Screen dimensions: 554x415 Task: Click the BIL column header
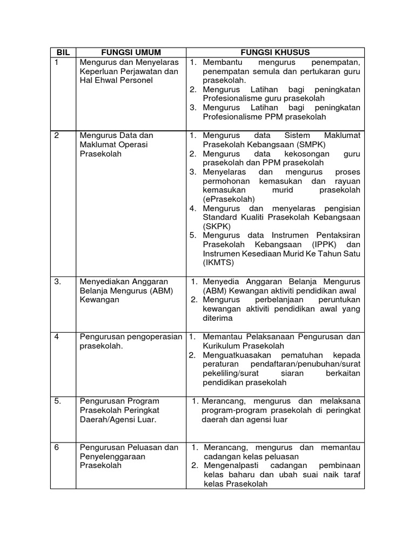pos(63,52)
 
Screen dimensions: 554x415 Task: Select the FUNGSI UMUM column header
pos(131,52)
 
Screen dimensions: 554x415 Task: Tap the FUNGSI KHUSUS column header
pos(276,52)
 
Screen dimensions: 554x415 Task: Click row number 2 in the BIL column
pos(57,135)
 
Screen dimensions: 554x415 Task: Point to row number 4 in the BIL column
pos(57,337)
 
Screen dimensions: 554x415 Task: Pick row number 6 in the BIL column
pos(57,447)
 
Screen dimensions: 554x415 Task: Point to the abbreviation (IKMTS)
pos(219,263)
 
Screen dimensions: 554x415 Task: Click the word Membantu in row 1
pos(222,63)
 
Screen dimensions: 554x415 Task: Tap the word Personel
pos(136,80)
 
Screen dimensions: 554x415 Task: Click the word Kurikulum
pos(223,346)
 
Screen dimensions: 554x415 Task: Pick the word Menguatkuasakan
pos(238,355)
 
